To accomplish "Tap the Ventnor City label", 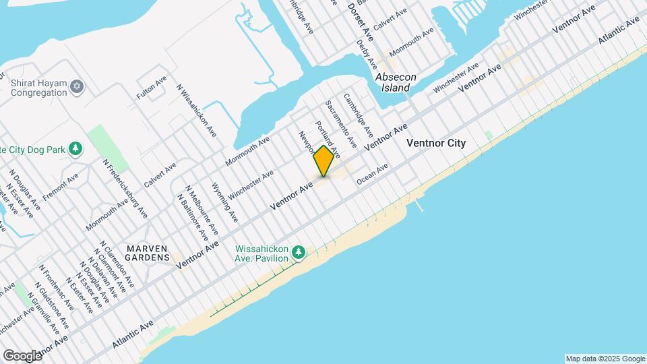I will point(436,144).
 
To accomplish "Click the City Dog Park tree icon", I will point(77,148).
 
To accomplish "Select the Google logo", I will point(22,355).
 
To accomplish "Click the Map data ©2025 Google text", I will point(605,359).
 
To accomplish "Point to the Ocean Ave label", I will point(373,173).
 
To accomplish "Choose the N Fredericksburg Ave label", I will point(125,188).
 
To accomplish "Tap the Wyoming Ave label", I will point(224,202).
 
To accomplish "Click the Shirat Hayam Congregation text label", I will point(38,88).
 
